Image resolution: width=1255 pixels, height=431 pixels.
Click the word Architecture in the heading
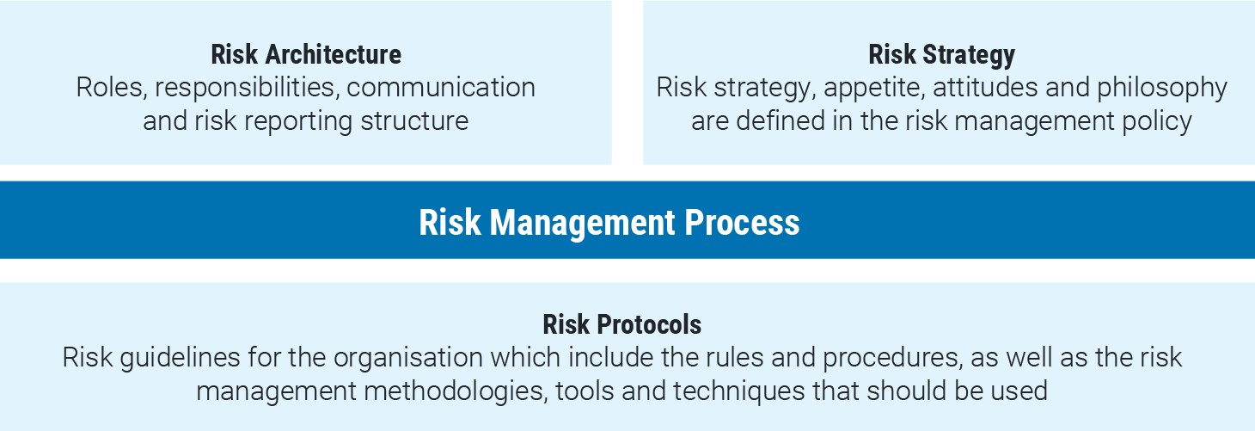tap(333, 54)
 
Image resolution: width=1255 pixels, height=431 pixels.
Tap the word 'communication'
tap(441, 88)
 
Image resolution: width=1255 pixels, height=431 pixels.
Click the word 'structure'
tap(414, 121)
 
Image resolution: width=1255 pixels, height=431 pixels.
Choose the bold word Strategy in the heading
tap(969, 55)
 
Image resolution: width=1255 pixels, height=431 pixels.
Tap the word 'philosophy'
tap(1162, 89)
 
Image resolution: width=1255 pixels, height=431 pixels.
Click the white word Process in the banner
tap(742, 223)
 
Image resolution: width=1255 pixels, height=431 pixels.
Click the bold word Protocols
tap(649, 324)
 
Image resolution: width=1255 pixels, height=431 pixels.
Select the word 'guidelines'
tap(181, 359)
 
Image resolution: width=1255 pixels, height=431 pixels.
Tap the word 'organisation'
tap(407, 359)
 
